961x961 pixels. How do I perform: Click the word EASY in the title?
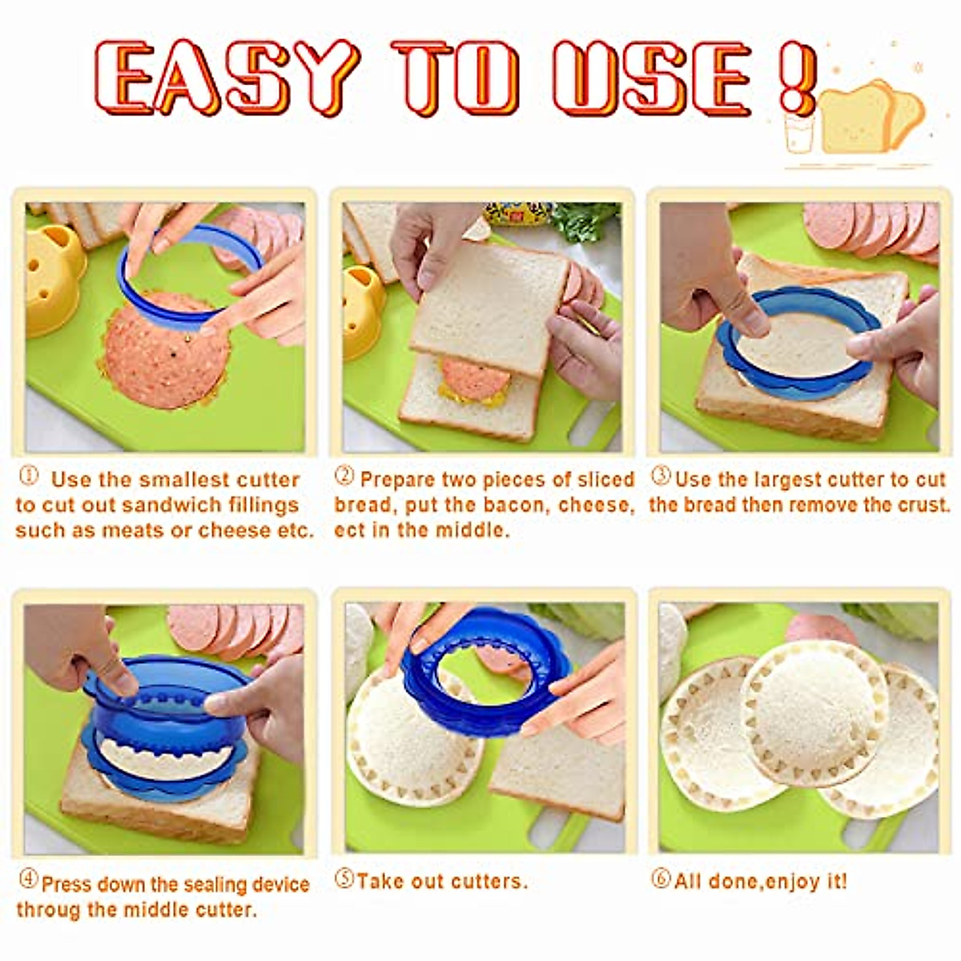pyautogui.click(x=224, y=78)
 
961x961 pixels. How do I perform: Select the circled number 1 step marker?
pyautogui.click(x=28, y=476)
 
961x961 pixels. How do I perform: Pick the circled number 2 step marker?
pyautogui.click(x=344, y=476)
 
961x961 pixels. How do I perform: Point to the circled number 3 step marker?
pyautogui.click(x=661, y=476)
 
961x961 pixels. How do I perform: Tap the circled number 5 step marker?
pyautogui.click(x=344, y=879)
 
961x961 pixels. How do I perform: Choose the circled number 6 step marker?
pyautogui.click(x=661, y=879)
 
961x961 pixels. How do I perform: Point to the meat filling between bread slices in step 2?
pyautogui.click(x=474, y=380)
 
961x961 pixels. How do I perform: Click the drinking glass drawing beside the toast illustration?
pyautogui.click(x=798, y=132)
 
